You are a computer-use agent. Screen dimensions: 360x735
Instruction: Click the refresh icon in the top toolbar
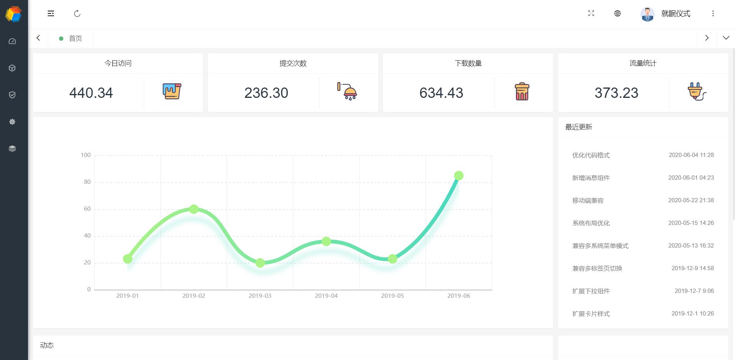(x=77, y=14)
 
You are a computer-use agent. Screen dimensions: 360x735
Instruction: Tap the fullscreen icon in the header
(x=591, y=13)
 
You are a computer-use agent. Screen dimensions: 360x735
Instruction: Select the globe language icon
(x=617, y=13)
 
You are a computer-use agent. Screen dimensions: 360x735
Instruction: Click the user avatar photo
(x=647, y=14)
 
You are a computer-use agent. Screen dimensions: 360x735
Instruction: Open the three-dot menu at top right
(x=713, y=13)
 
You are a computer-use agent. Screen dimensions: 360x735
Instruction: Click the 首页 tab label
(x=75, y=38)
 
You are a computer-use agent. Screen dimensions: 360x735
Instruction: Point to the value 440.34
(x=91, y=93)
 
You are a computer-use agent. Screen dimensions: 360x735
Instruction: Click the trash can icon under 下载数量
(x=522, y=92)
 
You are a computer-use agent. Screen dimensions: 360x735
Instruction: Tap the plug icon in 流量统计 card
(x=697, y=92)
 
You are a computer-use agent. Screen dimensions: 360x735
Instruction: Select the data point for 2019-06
(x=458, y=176)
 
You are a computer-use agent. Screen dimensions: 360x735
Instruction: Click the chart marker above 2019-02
(x=194, y=209)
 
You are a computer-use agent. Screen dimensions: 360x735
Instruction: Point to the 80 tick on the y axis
(x=87, y=182)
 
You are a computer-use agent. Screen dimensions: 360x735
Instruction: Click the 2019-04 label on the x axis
(x=326, y=296)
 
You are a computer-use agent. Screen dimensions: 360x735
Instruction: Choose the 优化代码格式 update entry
(x=591, y=155)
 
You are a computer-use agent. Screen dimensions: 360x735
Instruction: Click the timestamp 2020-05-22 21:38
(x=691, y=200)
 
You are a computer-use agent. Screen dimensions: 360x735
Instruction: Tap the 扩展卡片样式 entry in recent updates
(x=591, y=314)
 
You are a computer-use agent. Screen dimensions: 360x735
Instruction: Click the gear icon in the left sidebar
(x=12, y=122)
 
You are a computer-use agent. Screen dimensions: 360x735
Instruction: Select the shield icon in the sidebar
(x=12, y=95)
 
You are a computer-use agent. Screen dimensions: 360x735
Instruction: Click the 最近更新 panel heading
(x=578, y=127)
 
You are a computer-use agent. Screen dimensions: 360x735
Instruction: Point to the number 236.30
(x=266, y=93)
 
